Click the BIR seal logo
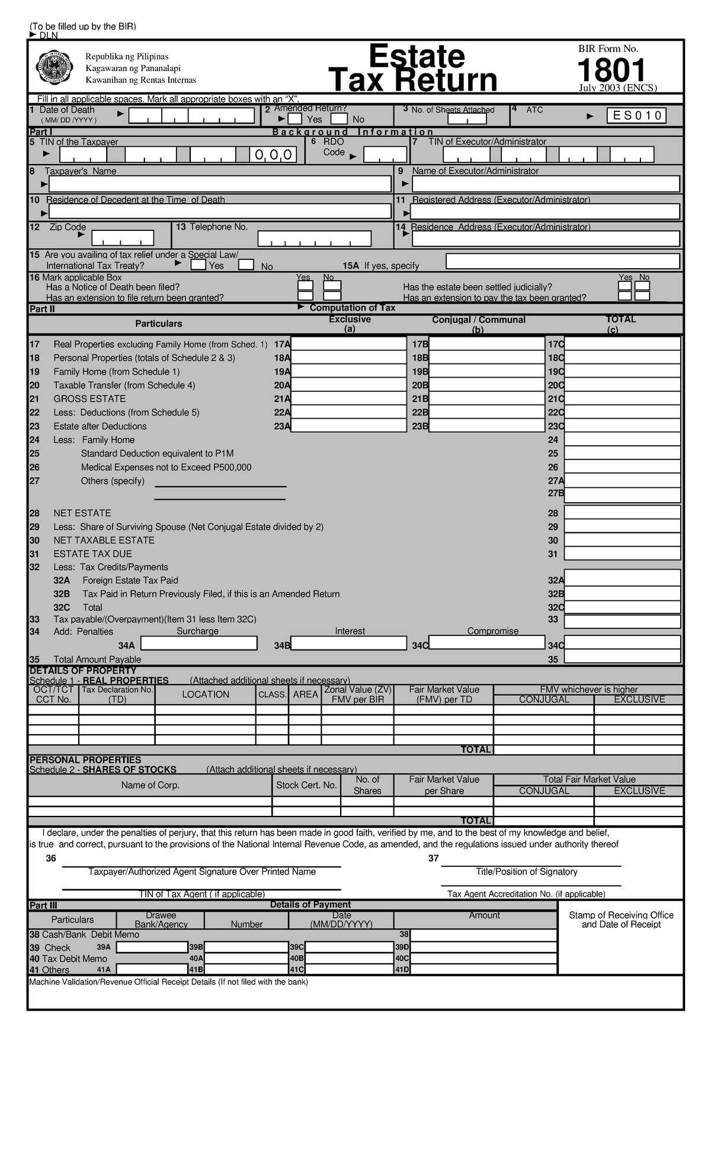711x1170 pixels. point(55,68)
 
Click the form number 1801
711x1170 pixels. point(611,70)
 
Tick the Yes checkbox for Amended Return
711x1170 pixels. point(295,119)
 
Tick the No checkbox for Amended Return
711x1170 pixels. point(339,119)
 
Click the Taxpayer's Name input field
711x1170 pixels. point(220,184)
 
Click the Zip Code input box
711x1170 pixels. point(123,238)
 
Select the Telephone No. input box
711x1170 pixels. point(314,239)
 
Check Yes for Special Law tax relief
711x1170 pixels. point(198,265)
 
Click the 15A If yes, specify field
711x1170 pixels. point(562,261)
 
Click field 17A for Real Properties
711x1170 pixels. point(348,344)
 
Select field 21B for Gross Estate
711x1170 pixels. point(486,398)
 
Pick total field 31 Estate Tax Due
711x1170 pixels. point(622,554)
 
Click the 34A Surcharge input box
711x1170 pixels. point(199,643)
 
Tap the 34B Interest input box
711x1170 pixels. point(348,643)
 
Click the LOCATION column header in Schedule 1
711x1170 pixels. point(206,694)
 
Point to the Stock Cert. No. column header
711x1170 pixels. point(306,785)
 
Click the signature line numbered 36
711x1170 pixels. point(201,866)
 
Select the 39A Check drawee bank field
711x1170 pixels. point(152,947)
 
